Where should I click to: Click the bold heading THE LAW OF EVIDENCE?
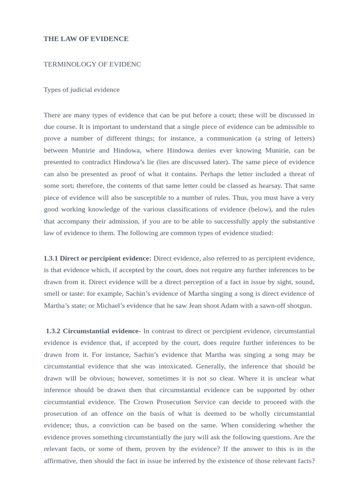pyautogui.click(x=86, y=39)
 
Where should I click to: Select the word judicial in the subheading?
pyautogui.click(x=77, y=90)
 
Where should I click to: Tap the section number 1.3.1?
pyautogui.click(x=51, y=258)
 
